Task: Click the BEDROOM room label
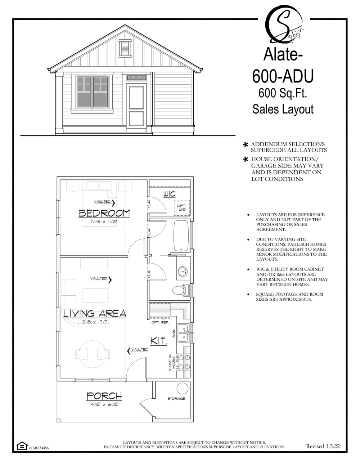104,213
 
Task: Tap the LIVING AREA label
94,314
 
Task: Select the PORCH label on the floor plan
104,396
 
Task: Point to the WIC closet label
169,194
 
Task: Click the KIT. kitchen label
158,341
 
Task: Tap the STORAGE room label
176,399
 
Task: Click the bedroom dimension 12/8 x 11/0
104,221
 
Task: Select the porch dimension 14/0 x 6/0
104,404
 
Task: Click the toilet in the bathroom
181,290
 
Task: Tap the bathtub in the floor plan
181,236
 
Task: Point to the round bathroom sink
183,271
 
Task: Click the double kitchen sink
184,333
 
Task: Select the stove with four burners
183,362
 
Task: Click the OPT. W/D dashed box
182,207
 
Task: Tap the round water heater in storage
183,388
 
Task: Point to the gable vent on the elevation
125,48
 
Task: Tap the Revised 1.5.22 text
323,446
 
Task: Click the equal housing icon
22,446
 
